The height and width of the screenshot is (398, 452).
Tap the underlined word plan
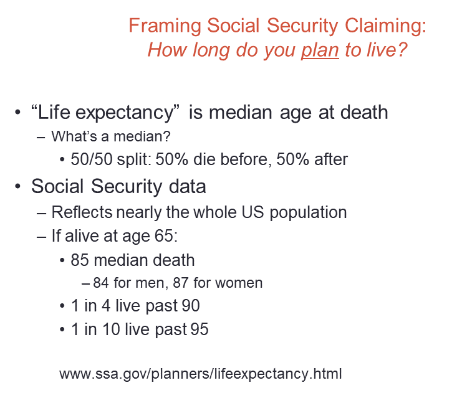click(320, 49)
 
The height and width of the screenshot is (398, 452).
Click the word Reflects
click(82, 212)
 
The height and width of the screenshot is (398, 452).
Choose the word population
click(304, 212)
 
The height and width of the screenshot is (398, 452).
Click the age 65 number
click(160, 235)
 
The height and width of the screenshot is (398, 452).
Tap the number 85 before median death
click(80, 259)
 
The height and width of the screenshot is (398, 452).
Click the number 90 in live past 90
click(191, 306)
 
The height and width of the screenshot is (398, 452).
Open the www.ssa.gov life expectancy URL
click(201, 374)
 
